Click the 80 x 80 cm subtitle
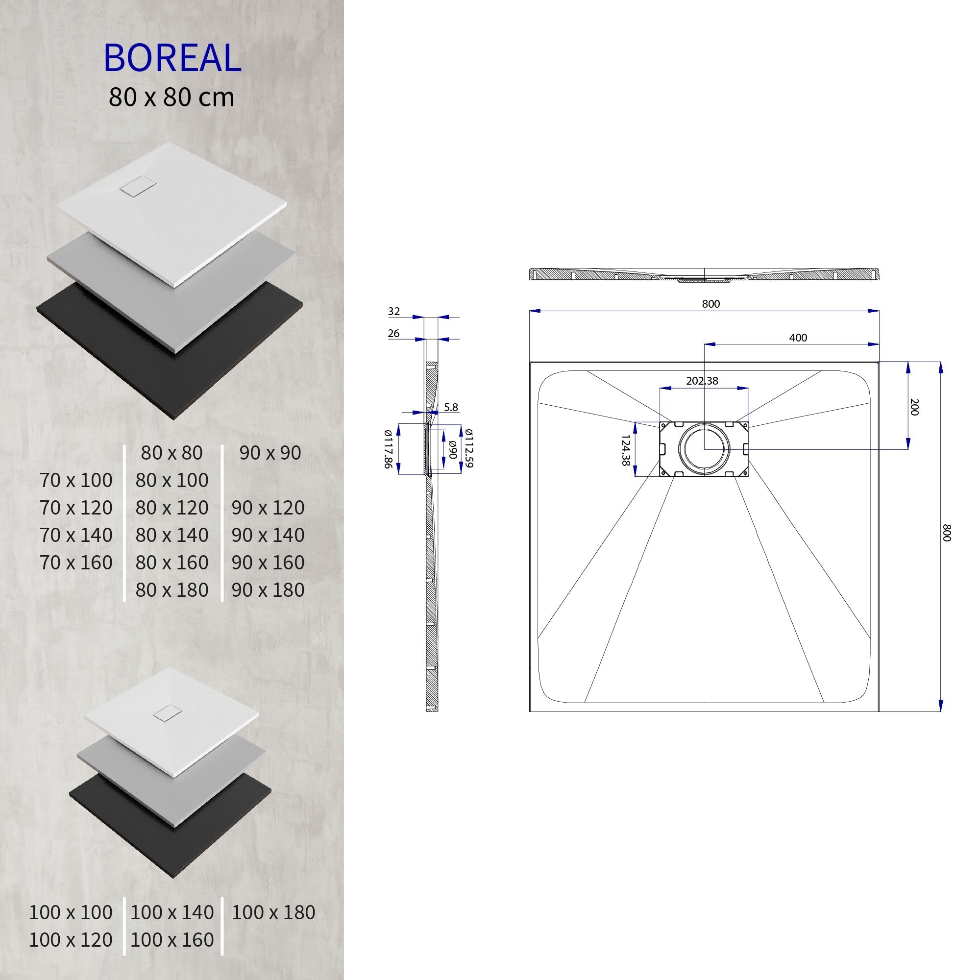171,97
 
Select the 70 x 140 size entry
76,535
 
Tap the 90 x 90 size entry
270,452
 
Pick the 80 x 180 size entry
172,589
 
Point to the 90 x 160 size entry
268,562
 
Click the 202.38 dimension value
702,380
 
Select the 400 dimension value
798,338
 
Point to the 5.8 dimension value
450,407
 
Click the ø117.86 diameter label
388,449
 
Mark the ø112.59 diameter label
469,448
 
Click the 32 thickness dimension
393,312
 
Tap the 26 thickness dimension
393,333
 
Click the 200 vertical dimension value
914,407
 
